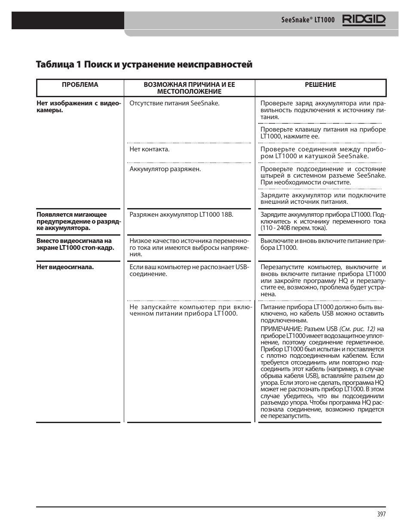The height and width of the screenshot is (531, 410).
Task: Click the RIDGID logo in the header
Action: tap(364, 20)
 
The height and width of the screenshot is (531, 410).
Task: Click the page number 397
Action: tap(381, 515)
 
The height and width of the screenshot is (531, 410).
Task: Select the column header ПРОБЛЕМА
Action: tap(80, 85)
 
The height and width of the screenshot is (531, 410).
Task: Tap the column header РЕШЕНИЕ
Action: tap(320, 85)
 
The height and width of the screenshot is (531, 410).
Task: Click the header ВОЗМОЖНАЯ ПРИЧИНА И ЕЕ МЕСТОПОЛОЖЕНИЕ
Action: tap(189, 88)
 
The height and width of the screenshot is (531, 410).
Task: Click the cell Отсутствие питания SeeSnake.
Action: tap(174, 103)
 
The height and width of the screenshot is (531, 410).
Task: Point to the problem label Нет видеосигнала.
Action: tap(65, 267)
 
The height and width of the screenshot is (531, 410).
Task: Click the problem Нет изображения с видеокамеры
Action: tap(79, 107)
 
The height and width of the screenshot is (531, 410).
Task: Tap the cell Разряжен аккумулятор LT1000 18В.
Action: tap(181, 215)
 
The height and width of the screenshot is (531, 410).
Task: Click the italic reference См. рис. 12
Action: tap(357, 329)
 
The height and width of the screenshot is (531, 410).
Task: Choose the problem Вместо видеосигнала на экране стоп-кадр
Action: tap(75, 244)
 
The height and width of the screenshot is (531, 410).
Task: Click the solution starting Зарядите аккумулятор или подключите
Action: tap(323, 198)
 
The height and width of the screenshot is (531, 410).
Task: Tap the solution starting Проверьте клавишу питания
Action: tap(323, 133)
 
